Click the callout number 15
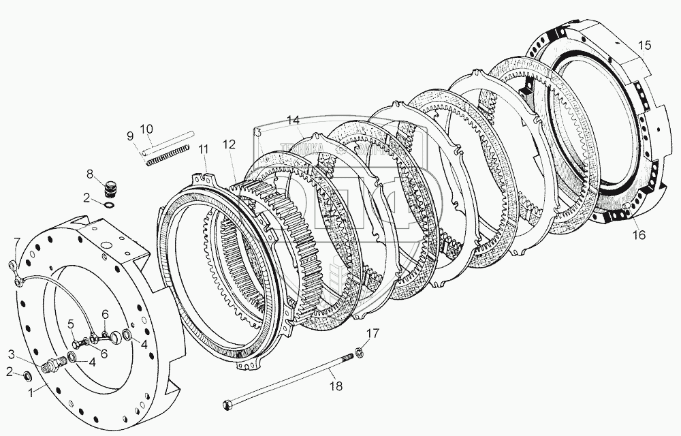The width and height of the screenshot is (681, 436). tap(644, 46)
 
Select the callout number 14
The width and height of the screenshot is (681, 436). tap(293, 120)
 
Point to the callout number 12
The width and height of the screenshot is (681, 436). tap(229, 144)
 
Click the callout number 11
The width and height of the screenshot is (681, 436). tap(203, 150)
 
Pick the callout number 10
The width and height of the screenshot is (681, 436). tap(146, 129)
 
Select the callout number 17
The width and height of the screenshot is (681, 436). tap(370, 333)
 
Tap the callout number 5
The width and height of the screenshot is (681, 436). tap(70, 325)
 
